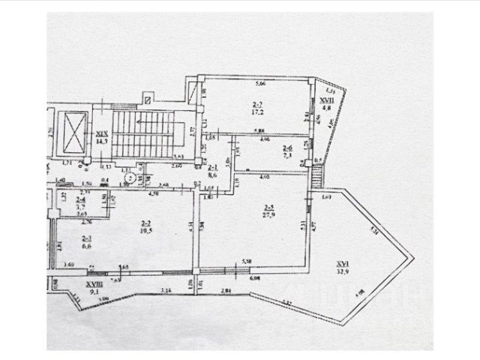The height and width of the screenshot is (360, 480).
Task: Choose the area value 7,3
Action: [x=287, y=157]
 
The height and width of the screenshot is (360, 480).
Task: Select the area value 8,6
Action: [x=212, y=175]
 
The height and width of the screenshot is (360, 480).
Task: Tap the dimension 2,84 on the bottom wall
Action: [x=225, y=290]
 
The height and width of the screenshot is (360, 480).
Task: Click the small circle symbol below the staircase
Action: [x=130, y=178]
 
